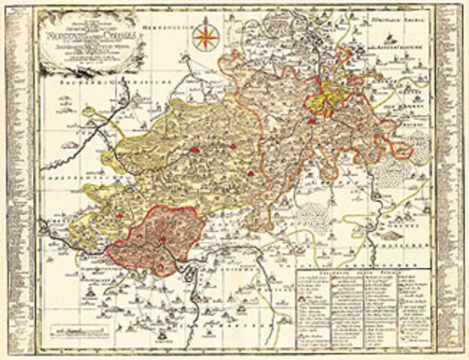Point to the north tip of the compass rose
click(206, 19)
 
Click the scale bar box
click(80, 332)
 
